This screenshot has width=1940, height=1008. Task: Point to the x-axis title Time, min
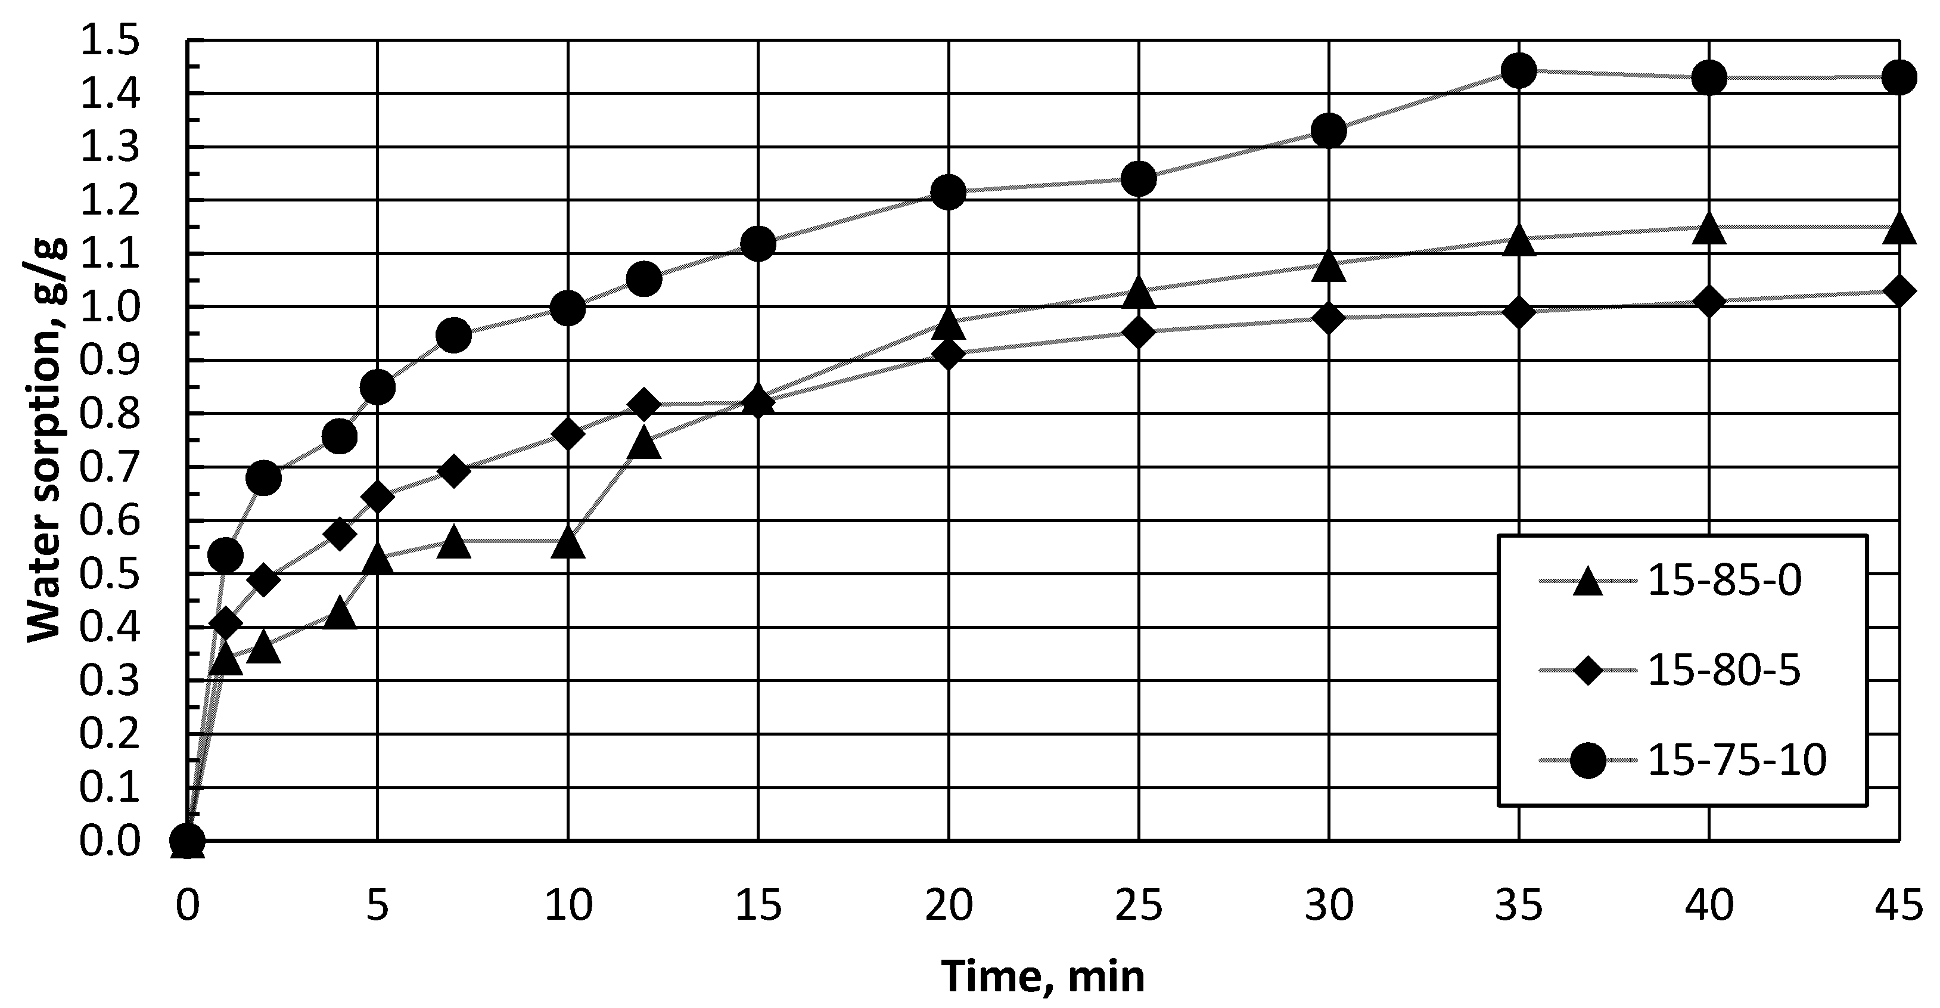1043,977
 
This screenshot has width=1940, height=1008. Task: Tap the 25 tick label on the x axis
1139,905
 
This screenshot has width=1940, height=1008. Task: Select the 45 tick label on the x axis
1898,905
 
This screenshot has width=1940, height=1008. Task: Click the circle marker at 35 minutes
1518,71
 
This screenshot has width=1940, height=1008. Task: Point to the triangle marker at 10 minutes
568,542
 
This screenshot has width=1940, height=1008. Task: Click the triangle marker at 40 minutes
1709,228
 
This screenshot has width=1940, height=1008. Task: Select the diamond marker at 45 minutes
1898,291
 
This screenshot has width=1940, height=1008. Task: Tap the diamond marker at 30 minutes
1329,318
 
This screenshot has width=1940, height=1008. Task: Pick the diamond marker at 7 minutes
453,472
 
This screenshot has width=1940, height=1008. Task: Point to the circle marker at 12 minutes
644,280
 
